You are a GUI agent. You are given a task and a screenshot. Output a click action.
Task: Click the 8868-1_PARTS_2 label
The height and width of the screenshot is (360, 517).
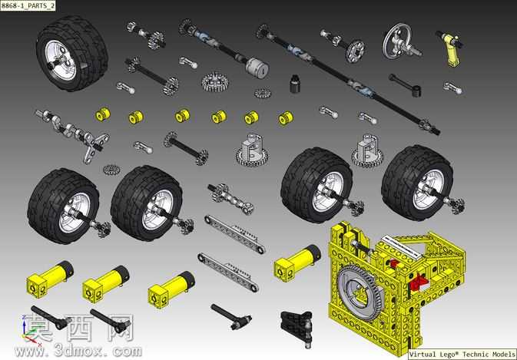28,5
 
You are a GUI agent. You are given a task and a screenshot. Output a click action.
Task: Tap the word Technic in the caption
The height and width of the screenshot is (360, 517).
476,355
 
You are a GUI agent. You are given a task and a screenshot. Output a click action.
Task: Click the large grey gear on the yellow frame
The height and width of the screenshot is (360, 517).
360,292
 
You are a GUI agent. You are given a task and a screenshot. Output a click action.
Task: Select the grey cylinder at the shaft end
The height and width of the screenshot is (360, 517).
257,68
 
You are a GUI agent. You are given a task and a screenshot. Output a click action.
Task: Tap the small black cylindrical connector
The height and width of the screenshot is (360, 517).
295,84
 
